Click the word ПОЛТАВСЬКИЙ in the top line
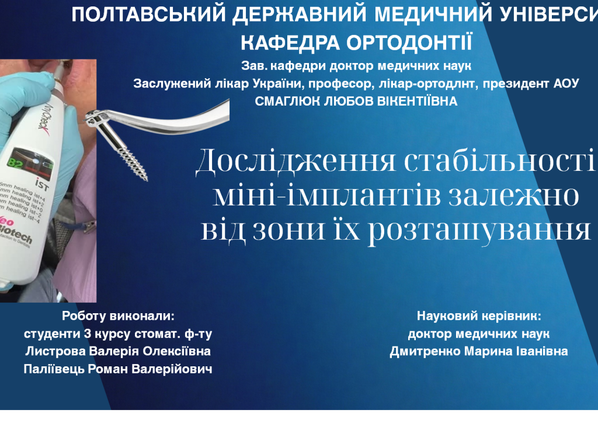pyautogui.click(x=149, y=16)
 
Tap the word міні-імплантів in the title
pyautogui.click(x=319, y=195)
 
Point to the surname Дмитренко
pyautogui.click(x=426, y=352)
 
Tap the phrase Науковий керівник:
pyautogui.click(x=479, y=316)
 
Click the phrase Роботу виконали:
pyautogui.click(x=118, y=316)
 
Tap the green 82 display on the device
pyautogui.click(x=16, y=160)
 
